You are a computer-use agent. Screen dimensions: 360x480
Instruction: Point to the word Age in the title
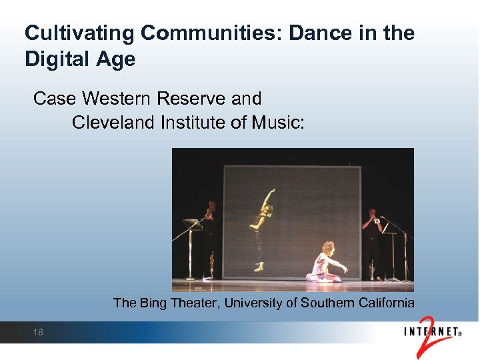(115, 59)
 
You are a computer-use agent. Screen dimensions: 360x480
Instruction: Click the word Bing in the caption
(153, 303)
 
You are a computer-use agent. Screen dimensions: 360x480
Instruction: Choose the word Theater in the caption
(195, 303)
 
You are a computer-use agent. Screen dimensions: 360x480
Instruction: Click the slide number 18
(38, 332)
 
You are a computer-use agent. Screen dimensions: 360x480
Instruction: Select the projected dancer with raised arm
(262, 227)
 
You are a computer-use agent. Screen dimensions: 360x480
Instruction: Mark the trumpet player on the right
(371, 237)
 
